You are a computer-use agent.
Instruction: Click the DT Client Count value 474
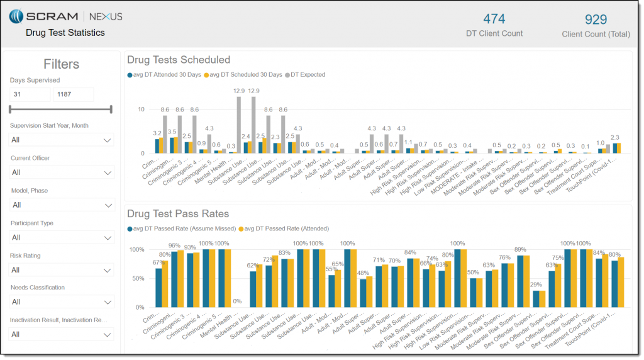494,19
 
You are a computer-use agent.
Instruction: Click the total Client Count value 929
596,20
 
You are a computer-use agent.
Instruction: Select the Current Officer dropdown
62,172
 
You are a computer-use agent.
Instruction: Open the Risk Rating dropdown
62,270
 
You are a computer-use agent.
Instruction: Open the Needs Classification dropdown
62,302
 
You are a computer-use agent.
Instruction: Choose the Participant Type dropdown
62,237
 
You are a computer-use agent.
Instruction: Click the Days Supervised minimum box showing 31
30,94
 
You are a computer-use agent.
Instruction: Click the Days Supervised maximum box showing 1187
73,94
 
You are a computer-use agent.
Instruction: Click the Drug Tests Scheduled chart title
179,60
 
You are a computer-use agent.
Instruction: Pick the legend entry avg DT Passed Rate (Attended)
287,228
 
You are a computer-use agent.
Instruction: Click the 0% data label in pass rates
237,301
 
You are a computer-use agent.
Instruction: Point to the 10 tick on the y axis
141,110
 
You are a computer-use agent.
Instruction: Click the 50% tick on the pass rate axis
137,278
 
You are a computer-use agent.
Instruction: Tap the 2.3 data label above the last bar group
615,137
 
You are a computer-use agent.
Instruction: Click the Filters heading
62,64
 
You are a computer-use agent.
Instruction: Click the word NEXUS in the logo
106,16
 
